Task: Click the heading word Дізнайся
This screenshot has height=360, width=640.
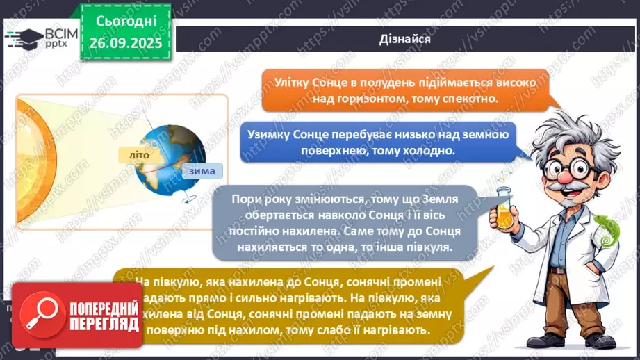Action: point(406,40)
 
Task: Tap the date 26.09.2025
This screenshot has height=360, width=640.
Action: point(126,42)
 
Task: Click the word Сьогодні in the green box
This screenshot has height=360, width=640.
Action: point(126,22)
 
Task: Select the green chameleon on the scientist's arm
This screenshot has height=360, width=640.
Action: point(606,230)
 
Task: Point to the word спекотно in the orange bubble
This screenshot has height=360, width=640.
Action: point(472,99)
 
